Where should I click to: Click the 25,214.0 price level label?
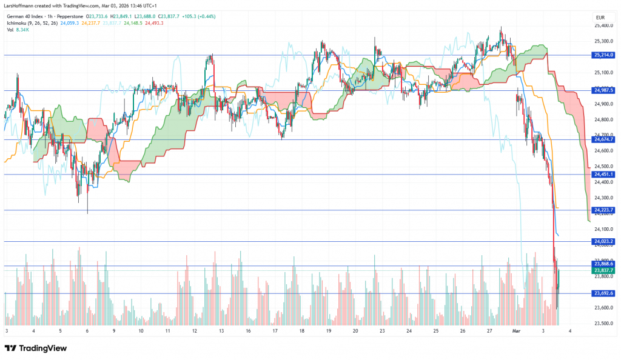(x=604, y=55)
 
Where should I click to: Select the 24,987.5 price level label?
(x=604, y=90)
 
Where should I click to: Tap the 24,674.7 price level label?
(x=604, y=139)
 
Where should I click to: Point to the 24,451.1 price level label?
(x=604, y=175)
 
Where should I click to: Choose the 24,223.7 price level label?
(x=604, y=210)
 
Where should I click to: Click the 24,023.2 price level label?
(x=604, y=241)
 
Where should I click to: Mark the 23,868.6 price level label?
(x=604, y=264)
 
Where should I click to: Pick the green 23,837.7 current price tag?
(x=604, y=271)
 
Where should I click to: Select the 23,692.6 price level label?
(x=604, y=293)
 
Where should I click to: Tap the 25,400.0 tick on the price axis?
(x=603, y=25)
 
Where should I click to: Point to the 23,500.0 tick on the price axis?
(x=603, y=323)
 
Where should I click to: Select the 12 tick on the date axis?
(x=194, y=332)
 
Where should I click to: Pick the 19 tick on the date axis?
(x=328, y=332)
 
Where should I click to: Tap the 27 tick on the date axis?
(x=489, y=332)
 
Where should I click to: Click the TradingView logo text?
(x=42, y=348)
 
